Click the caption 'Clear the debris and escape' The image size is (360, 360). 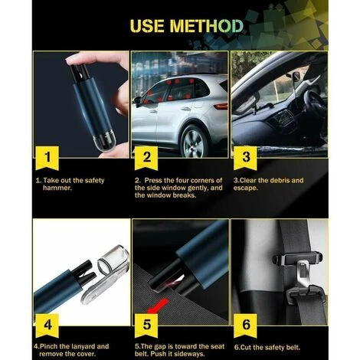277,185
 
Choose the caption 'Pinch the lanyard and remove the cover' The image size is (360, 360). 70,350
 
